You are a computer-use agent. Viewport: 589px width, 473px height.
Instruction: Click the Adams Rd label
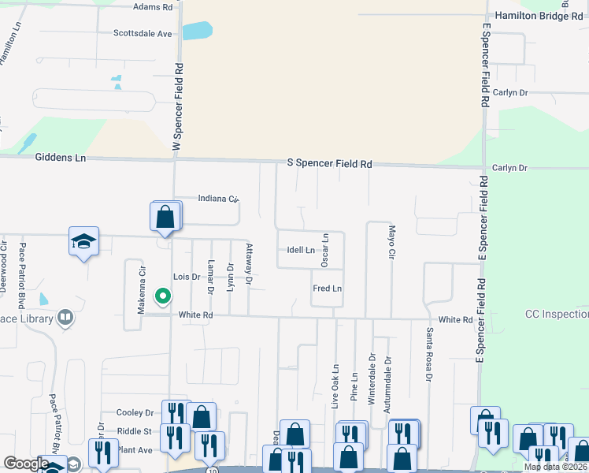click(153, 7)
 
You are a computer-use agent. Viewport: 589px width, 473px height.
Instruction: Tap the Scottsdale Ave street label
click(143, 34)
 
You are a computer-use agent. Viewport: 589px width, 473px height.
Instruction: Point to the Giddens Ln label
click(61, 158)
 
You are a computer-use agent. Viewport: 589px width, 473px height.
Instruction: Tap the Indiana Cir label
click(218, 199)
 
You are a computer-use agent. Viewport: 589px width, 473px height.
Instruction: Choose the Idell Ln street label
click(301, 250)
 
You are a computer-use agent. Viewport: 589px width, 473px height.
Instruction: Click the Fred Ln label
click(327, 289)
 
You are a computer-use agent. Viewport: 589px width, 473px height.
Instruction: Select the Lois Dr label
click(187, 277)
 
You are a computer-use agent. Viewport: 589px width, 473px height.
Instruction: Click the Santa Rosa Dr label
click(430, 356)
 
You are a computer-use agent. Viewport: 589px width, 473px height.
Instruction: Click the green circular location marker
click(163, 296)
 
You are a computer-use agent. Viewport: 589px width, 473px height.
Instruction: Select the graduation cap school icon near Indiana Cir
click(84, 242)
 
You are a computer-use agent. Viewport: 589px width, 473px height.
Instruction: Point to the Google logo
click(26, 464)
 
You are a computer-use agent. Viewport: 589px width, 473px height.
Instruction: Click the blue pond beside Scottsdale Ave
click(198, 31)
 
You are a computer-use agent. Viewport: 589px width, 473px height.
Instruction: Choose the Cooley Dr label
click(135, 412)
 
